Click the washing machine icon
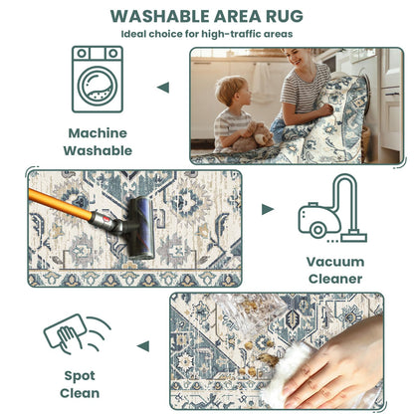(98, 79)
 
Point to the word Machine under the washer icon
(98, 133)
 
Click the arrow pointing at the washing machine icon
(163, 88)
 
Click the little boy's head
(232, 91)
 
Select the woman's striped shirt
(305, 86)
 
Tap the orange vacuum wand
(60, 204)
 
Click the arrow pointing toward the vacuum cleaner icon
(268, 209)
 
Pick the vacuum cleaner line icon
(332, 208)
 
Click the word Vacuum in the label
(335, 262)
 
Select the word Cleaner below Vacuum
(335, 279)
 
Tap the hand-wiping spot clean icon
(77, 334)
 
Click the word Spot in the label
(80, 376)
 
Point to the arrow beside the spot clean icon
(143, 346)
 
